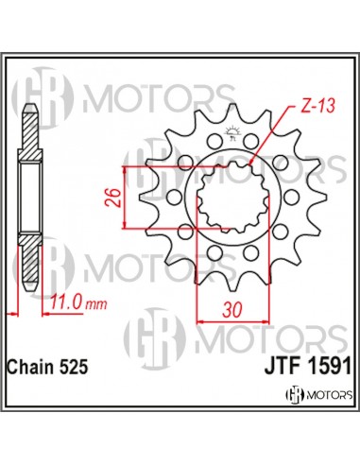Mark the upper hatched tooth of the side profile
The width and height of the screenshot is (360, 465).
click(29, 142)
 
